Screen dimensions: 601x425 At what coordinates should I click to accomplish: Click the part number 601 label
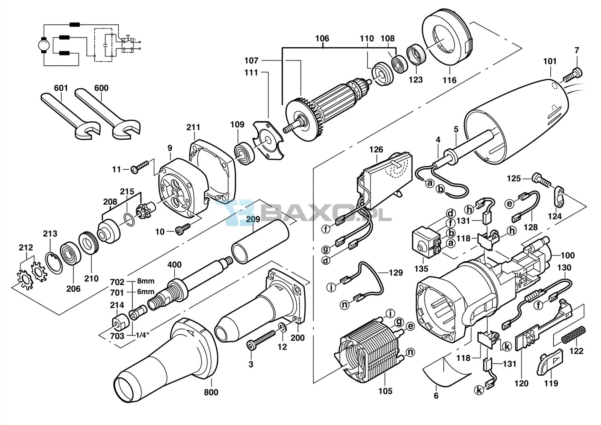point(61,88)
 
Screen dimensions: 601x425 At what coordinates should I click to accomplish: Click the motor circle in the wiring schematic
point(44,44)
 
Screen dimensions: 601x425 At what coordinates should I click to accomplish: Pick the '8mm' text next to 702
point(146,281)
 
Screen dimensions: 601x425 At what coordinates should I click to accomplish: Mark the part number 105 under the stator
point(385,391)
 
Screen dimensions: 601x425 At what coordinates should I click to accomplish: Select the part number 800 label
point(211,392)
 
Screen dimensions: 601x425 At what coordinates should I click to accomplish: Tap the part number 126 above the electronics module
point(376,150)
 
